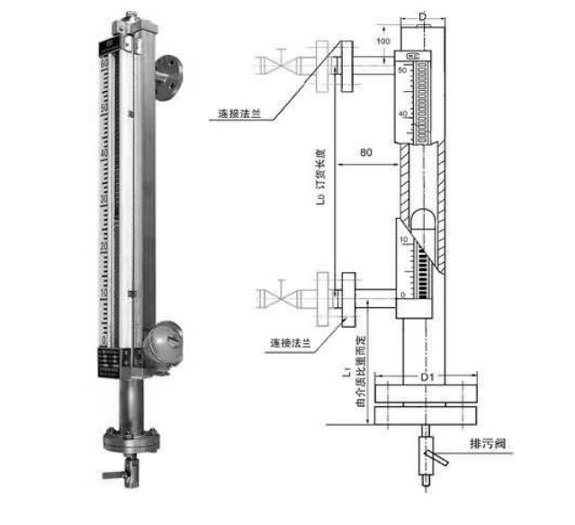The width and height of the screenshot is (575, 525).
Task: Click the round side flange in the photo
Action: [x=167, y=77]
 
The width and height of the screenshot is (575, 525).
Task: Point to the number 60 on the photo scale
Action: [x=104, y=63]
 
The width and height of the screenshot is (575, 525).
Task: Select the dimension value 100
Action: [x=382, y=42]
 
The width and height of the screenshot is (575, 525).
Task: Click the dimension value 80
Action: [x=365, y=153]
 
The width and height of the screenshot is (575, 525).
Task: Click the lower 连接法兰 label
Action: [x=292, y=343]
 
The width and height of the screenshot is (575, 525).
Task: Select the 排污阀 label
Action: [x=494, y=445]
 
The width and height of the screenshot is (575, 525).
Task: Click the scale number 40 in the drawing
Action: [x=403, y=113]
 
